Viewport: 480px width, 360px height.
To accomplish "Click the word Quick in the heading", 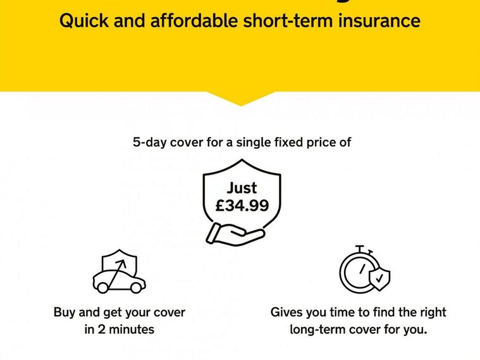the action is point(84,22).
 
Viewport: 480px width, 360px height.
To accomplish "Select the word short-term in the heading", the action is point(288,21).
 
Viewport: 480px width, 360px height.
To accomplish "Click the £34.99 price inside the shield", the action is point(242,205).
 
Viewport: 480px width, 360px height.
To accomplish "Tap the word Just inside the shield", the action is point(242,188).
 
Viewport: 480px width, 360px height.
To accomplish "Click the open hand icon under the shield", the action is point(235,234).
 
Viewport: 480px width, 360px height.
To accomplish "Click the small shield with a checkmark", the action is point(379,279).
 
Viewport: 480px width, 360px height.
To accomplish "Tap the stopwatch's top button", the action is point(360,248).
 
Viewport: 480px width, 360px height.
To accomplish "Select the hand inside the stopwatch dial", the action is point(362,269).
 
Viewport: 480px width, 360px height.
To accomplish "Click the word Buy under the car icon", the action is point(65,313).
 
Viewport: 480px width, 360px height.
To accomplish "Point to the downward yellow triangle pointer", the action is point(241,98).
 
